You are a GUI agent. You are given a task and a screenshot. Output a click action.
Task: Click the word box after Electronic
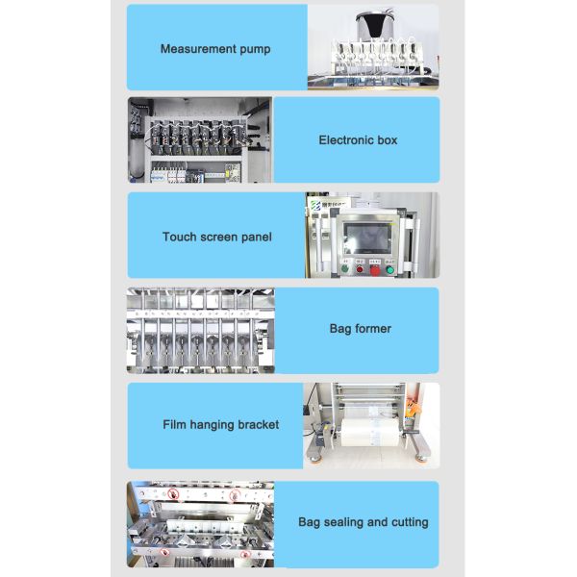pyautogui.click(x=387, y=140)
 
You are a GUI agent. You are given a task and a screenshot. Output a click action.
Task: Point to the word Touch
pyautogui.click(x=179, y=237)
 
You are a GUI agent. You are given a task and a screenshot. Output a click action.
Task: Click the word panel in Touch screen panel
pyautogui.click(x=255, y=237)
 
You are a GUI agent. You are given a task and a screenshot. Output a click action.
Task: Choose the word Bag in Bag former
pyautogui.click(x=341, y=329)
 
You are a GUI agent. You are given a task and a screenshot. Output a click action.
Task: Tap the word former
pyautogui.click(x=374, y=329)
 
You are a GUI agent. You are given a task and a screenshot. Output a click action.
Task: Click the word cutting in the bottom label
pyautogui.click(x=408, y=522)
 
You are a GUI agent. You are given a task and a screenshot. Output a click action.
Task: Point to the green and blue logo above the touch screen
pyautogui.click(x=316, y=206)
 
